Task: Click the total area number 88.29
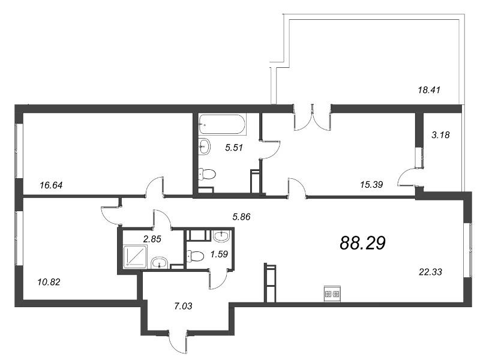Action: tap(362, 243)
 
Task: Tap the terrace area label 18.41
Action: tap(429, 90)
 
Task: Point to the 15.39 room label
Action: tap(371, 184)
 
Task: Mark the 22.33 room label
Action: tap(430, 272)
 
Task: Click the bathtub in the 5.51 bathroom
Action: tap(222, 125)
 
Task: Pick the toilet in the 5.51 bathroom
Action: tap(206, 174)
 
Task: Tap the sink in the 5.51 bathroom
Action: tap(204, 145)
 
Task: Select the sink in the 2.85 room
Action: tap(159, 262)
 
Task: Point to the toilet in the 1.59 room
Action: tap(196, 256)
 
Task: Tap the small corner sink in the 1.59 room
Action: tap(222, 235)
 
